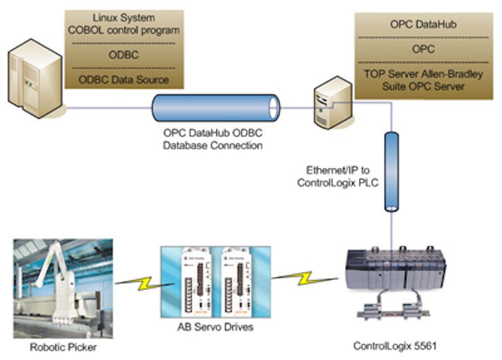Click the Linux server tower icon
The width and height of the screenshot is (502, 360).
(x=35, y=78)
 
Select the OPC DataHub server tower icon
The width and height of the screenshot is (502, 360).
(x=332, y=102)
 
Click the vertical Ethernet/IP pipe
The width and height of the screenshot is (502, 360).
(x=391, y=172)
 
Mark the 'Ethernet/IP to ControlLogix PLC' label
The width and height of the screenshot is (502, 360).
(x=337, y=178)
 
